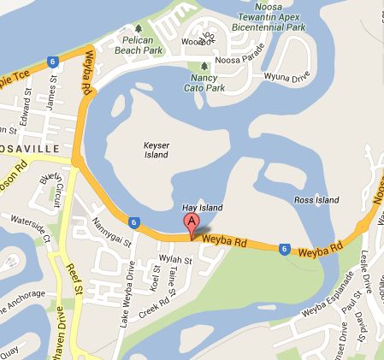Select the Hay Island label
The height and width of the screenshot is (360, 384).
[203, 209]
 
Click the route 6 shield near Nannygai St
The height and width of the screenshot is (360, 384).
[134, 222]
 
